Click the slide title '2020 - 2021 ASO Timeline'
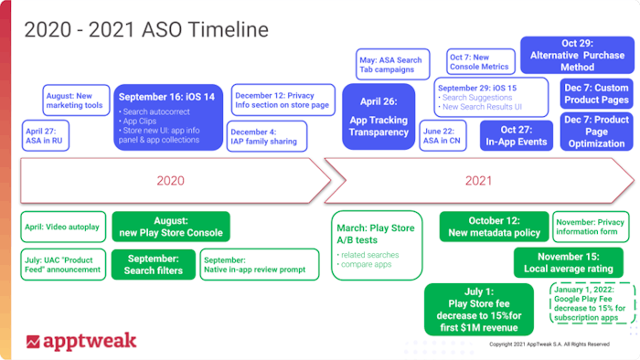[x=146, y=29]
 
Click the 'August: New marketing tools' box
[x=76, y=98]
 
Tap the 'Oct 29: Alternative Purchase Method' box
[x=577, y=54]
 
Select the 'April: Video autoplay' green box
[x=62, y=224]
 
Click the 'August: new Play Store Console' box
[x=171, y=227]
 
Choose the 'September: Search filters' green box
[x=154, y=265]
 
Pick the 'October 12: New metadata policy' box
[x=494, y=226]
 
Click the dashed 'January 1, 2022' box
[x=592, y=302]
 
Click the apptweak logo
[x=81, y=341]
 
